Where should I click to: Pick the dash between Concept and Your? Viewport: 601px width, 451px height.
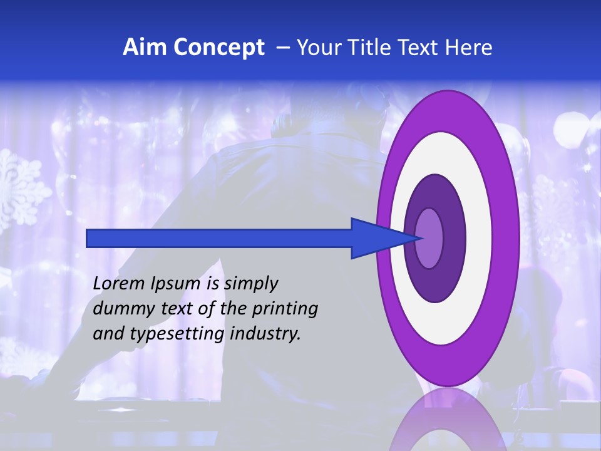coord(283,48)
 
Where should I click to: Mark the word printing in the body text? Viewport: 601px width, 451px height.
coord(285,309)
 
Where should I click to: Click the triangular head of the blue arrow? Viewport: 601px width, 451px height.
coord(376,239)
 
